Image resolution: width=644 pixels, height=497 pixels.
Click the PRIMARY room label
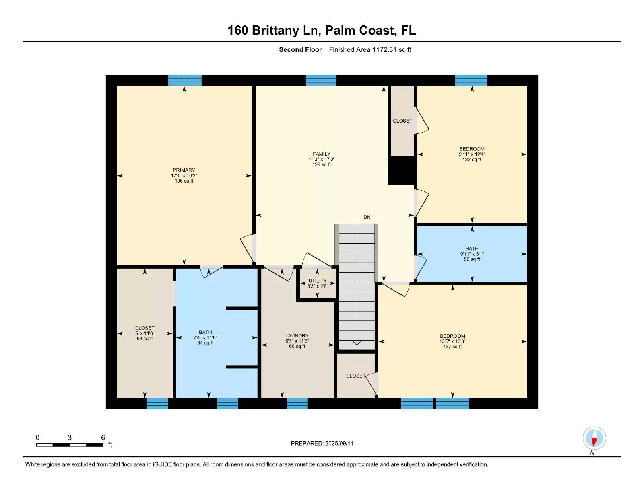[x=184, y=170]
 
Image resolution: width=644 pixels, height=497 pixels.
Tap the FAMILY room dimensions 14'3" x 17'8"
[x=322, y=159]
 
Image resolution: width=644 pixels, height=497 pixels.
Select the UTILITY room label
[x=318, y=281]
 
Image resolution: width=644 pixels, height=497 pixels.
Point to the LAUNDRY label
[x=297, y=335]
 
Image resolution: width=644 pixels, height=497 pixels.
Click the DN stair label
[x=367, y=217]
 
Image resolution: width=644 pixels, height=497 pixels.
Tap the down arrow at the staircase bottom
[x=357, y=343]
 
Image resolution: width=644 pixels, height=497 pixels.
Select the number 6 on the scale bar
[x=103, y=437]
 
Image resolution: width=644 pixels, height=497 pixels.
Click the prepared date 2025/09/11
[x=339, y=443]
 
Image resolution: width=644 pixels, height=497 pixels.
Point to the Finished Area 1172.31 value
[x=384, y=49]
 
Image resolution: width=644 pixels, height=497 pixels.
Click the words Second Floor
[x=300, y=49]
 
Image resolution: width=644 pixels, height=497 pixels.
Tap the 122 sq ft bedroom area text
[x=472, y=160]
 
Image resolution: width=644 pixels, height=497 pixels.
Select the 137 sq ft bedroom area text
[x=452, y=346]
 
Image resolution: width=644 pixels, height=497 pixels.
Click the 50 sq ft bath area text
[x=472, y=259]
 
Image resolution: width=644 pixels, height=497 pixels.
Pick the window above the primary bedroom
[x=185, y=80]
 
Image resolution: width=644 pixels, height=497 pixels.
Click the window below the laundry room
[x=297, y=403]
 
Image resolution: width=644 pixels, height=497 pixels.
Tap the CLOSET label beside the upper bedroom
[x=402, y=121]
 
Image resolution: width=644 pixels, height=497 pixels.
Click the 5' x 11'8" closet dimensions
[x=144, y=333]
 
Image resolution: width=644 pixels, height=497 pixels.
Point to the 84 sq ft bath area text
[x=205, y=343]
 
